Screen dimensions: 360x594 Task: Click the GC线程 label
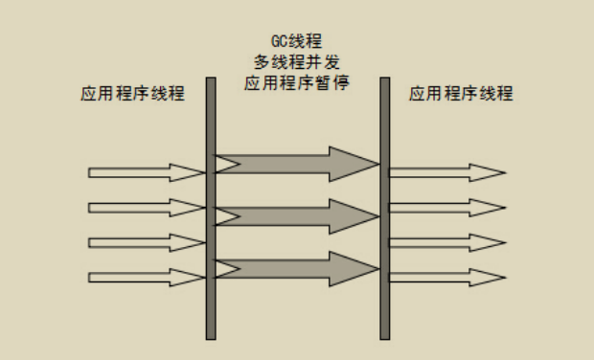296,42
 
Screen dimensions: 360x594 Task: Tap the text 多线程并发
296,62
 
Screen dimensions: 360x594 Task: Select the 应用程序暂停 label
296,82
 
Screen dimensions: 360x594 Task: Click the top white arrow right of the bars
446,173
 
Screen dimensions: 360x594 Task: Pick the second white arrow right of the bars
446,208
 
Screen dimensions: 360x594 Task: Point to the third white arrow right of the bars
446,242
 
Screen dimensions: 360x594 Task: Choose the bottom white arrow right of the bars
446,278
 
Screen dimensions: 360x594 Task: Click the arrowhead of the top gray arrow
354,165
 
